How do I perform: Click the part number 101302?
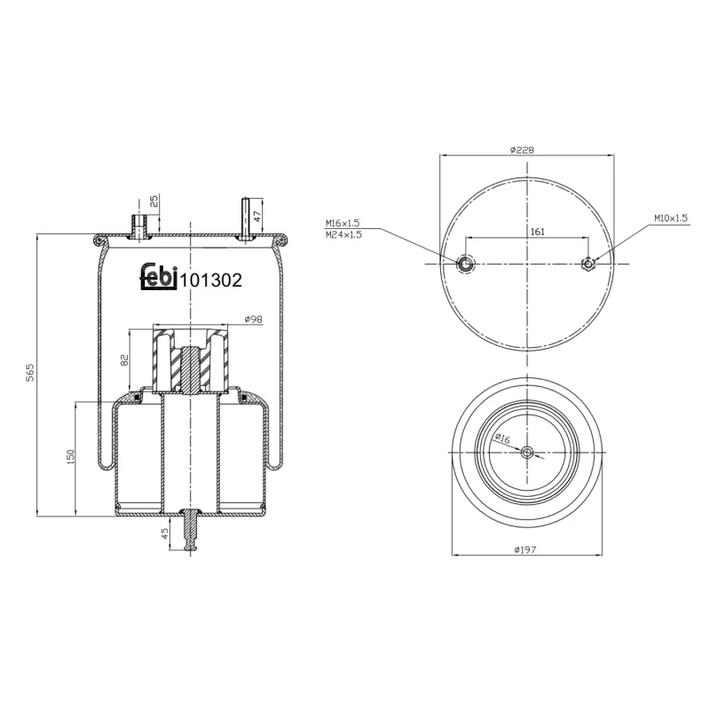coord(211,280)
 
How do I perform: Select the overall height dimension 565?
coord(29,374)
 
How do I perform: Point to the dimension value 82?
coord(125,359)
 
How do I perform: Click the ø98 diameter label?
coord(253,319)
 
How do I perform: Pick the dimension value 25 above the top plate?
coord(154,202)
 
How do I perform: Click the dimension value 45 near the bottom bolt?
coord(165,533)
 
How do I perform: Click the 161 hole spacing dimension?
coord(537,231)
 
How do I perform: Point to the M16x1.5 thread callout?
coord(343,222)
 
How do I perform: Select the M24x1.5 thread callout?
coord(343,234)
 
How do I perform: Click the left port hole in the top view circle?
coord(466,264)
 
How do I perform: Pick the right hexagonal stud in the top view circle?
coord(588,263)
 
